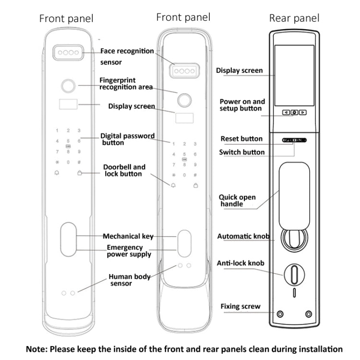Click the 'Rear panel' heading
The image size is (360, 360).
(x=294, y=18)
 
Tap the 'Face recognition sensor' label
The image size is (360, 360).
(x=127, y=56)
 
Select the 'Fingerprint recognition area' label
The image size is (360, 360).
(x=126, y=84)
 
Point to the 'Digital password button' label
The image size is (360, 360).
(x=127, y=139)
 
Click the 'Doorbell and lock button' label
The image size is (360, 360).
(x=124, y=170)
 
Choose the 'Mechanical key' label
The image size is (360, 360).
(x=128, y=236)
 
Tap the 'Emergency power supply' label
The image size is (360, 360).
(x=128, y=251)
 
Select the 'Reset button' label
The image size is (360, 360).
(x=241, y=139)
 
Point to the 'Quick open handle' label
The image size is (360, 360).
(x=237, y=201)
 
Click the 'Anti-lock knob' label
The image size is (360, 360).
(x=240, y=263)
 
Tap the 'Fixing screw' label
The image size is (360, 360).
(x=240, y=306)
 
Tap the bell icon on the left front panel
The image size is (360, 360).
(x=58, y=173)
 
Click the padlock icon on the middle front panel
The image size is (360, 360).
(x=195, y=185)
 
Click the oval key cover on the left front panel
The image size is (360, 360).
(x=68, y=240)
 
